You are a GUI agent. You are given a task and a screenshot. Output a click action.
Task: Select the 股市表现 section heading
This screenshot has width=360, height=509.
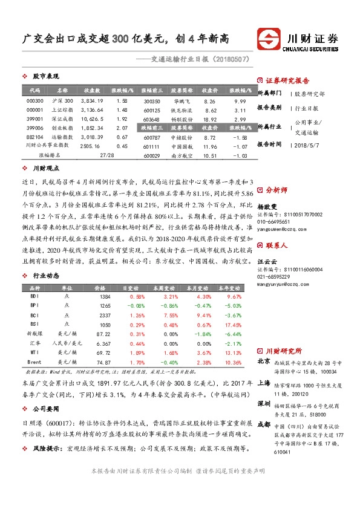(x=45, y=77)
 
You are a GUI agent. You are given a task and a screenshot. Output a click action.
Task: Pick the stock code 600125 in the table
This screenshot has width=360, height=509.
(x=152, y=111)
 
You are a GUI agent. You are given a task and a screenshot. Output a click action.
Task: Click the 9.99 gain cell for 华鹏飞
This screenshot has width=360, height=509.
(x=240, y=100)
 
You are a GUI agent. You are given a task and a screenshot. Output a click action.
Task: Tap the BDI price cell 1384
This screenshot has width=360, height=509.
(x=105, y=297)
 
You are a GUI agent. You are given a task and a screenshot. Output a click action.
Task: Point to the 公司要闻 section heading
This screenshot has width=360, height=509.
(x=45, y=408)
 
